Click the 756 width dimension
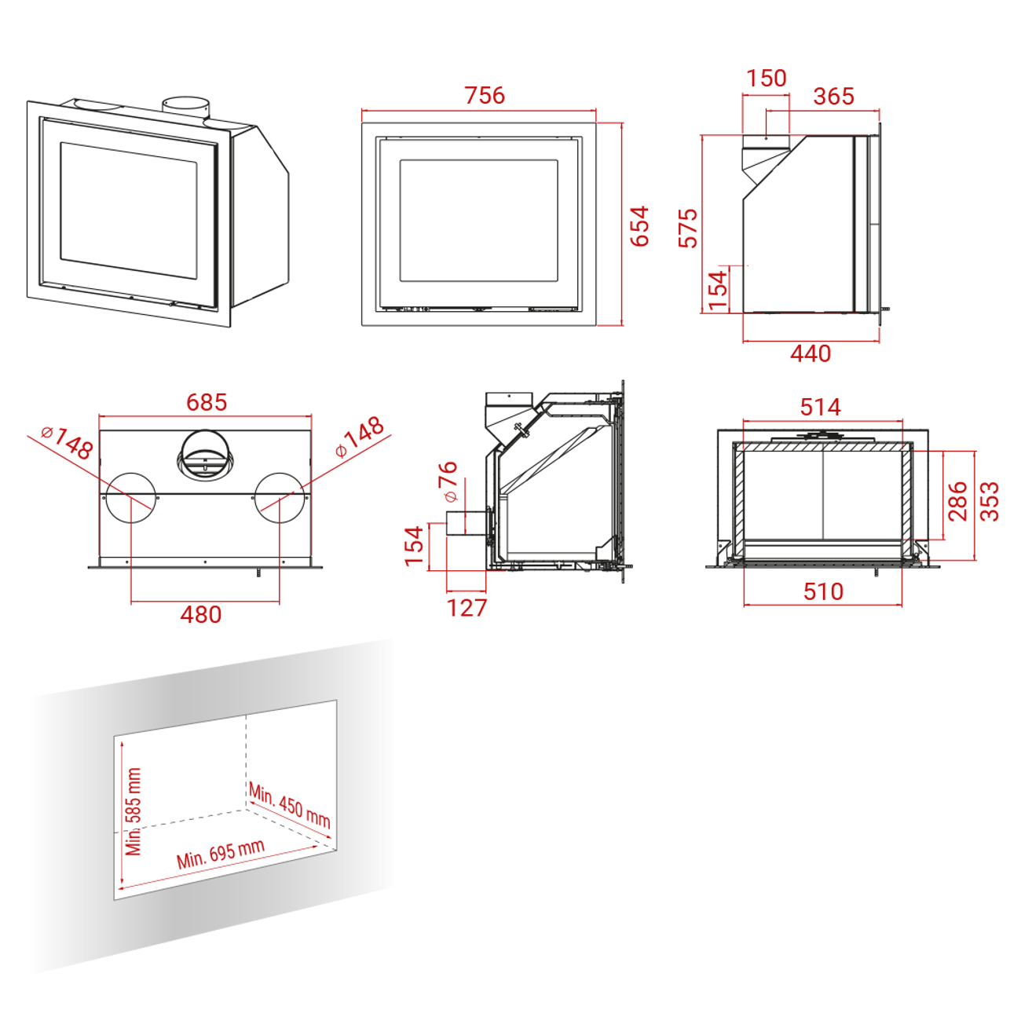coord(485,95)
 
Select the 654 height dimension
coord(639,226)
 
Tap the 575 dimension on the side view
coord(688,229)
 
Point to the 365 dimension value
coord(834,96)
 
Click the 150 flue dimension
coord(767,79)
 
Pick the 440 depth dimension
coord(811,353)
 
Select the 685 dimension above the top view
coord(207,402)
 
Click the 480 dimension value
coord(201,615)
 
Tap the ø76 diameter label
coord(448,481)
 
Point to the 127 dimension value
coord(467,608)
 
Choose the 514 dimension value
coord(821,407)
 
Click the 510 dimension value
coord(823,591)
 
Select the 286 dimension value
coord(957,501)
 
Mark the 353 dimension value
coord(990,501)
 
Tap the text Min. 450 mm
coord(290,805)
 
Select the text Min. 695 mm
coord(221,854)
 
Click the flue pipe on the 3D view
coord(186,108)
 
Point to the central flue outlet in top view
coord(205,455)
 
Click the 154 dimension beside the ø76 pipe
coord(414,547)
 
